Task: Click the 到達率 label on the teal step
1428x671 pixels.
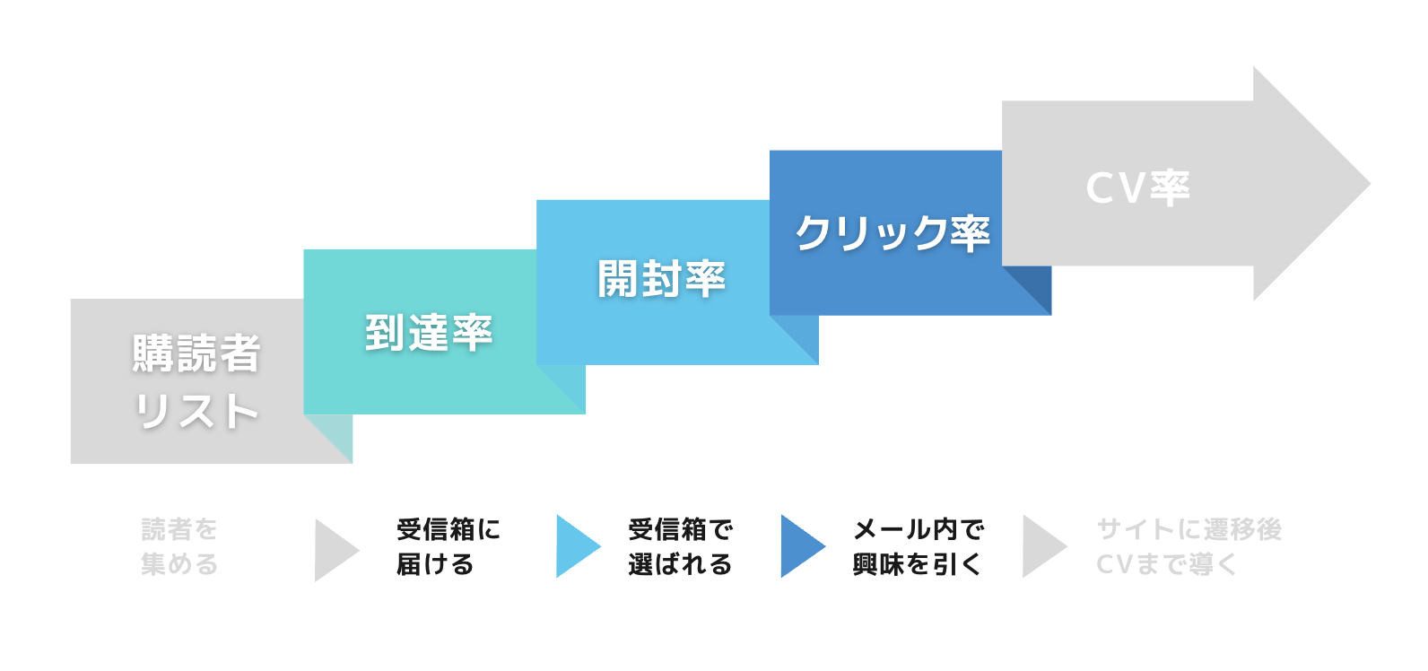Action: click(x=429, y=332)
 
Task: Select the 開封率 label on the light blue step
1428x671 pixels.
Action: click(x=662, y=279)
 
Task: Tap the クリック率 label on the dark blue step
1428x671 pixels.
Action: click(x=892, y=232)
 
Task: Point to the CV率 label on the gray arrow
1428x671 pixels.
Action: click(x=1138, y=188)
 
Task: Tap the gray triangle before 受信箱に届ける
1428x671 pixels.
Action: click(x=336, y=550)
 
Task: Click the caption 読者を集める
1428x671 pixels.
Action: click(x=179, y=546)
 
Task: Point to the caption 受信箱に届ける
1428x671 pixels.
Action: click(x=448, y=546)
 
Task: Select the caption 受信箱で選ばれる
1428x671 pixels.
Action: click(x=681, y=546)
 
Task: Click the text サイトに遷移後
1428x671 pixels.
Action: click(x=1189, y=529)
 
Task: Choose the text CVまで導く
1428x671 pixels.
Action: click(x=1167, y=564)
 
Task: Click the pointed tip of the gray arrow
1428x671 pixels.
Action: click(x=1370, y=184)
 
